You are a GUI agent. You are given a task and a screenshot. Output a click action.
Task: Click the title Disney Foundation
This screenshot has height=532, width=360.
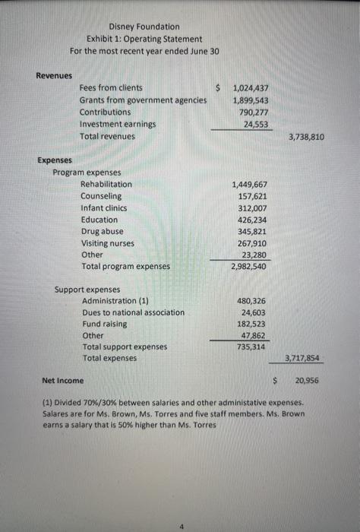tap(144, 27)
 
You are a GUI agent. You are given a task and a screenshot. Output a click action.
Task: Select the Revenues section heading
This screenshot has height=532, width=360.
tap(54, 75)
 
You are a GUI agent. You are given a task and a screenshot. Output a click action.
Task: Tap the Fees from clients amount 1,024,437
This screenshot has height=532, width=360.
tap(251, 88)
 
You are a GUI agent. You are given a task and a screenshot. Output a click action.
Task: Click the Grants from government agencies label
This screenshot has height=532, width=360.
tap(144, 100)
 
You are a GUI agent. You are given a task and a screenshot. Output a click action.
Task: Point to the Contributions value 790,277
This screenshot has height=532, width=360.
tap(254, 112)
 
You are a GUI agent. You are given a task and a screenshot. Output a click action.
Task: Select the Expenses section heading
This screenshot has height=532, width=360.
tap(55, 160)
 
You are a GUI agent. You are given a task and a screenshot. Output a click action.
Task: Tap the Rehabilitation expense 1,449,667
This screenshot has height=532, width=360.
tap(251, 185)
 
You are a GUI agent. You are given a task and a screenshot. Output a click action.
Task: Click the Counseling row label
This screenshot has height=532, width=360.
tap(100, 196)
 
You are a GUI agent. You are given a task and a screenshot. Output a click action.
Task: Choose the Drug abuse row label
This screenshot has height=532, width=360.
tap(102, 231)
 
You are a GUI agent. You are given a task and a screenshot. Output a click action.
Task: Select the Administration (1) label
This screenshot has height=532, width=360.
tap(115, 301)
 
